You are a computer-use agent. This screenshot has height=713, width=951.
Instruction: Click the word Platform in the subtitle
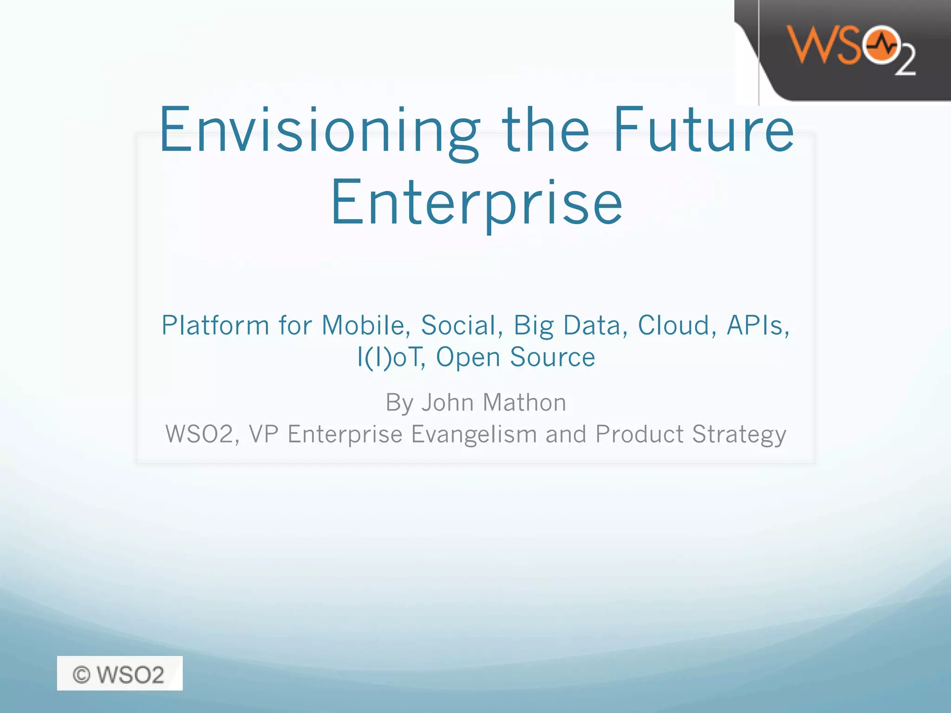click(x=215, y=325)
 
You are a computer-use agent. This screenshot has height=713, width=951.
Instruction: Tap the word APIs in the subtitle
click(x=758, y=325)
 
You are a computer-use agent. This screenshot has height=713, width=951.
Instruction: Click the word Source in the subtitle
click(x=552, y=357)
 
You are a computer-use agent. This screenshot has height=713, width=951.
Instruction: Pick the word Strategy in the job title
click(x=739, y=435)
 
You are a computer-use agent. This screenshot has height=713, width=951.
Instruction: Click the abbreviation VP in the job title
click(x=264, y=435)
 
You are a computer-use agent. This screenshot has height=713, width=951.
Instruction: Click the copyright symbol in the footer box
click(x=81, y=674)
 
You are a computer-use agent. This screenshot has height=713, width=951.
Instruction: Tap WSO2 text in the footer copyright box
click(x=130, y=674)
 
